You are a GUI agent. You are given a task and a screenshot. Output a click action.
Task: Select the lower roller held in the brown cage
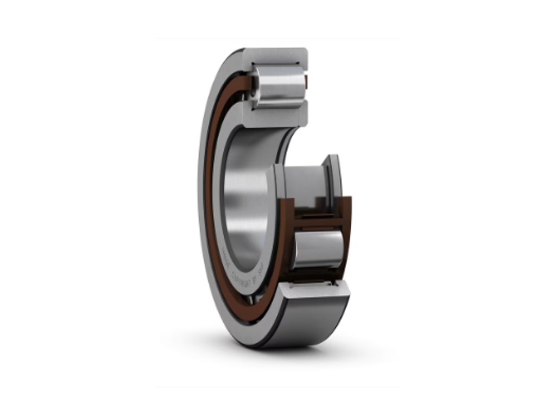point(319,249)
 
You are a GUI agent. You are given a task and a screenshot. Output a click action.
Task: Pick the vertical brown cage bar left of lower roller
point(287,239)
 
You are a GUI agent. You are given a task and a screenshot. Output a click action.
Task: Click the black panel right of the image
point(478,208)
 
